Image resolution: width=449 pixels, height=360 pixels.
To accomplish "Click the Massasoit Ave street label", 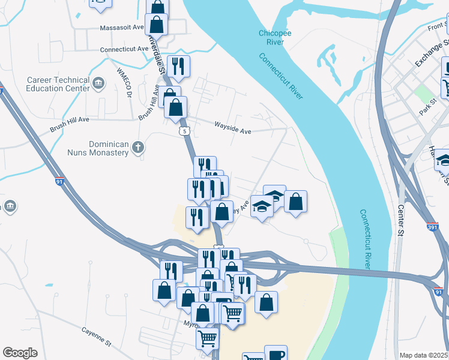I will (x=122, y=28).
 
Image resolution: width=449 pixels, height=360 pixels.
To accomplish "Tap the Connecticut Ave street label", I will (x=124, y=49).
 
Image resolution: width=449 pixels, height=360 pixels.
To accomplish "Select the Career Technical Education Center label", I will (x=58, y=84).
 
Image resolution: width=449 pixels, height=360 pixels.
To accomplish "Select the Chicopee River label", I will (x=275, y=37).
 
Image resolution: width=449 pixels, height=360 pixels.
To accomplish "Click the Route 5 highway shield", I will (x=184, y=130).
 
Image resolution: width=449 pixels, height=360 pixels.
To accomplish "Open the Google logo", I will (x=20, y=353).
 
